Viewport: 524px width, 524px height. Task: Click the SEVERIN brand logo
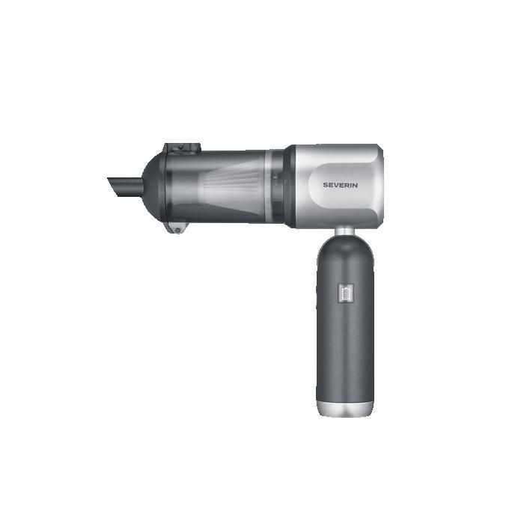(340, 185)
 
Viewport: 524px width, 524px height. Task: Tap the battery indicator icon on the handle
(346, 293)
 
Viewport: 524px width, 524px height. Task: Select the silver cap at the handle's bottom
(345, 409)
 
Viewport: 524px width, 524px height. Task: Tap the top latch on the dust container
(182, 148)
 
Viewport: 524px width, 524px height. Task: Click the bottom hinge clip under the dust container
(177, 228)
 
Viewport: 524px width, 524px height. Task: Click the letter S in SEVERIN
(325, 185)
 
